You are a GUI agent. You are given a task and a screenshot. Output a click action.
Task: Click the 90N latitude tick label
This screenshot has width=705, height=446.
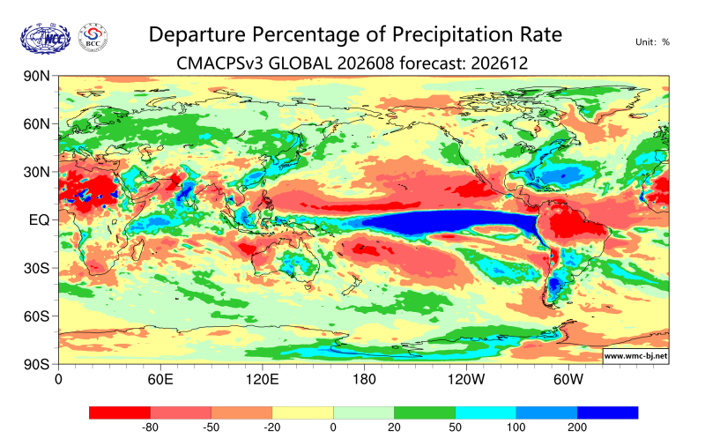[x=36, y=76]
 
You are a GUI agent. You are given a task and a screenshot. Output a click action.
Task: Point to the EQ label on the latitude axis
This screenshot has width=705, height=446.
[x=39, y=220]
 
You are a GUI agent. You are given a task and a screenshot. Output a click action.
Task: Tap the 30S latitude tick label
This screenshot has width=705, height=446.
[x=36, y=269]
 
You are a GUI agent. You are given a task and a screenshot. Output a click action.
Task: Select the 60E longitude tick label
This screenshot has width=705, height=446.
[x=160, y=380]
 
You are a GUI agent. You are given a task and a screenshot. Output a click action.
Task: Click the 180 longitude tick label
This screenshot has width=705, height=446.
[x=364, y=380]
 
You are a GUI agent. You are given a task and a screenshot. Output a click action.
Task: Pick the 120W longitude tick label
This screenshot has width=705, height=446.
[x=466, y=380]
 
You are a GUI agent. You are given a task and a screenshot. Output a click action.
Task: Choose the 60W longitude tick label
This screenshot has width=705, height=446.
[x=568, y=380]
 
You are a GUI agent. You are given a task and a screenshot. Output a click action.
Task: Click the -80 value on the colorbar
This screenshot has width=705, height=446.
[x=150, y=427]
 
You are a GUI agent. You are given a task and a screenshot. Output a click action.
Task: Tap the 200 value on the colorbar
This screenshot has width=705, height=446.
[x=577, y=427]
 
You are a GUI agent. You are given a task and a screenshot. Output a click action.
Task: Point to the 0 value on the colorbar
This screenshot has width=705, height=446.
[x=333, y=427]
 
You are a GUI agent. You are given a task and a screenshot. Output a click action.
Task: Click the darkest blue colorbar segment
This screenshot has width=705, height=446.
[x=607, y=413]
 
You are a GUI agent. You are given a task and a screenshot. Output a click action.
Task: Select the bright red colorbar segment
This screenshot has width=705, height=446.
[x=120, y=413]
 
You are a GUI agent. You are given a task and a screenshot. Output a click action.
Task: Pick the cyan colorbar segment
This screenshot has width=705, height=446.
[x=486, y=413]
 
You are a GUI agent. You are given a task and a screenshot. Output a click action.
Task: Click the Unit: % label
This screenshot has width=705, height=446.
[x=652, y=42]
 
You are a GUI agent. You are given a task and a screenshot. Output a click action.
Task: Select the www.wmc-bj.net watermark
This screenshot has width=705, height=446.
[x=635, y=356]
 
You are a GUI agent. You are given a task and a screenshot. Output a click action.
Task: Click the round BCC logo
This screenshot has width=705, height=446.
[x=93, y=37]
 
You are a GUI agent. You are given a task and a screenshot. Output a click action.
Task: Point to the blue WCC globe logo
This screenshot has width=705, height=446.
[x=46, y=39]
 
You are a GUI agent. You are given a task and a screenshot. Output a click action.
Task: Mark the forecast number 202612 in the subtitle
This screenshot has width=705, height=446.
[x=500, y=63]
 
